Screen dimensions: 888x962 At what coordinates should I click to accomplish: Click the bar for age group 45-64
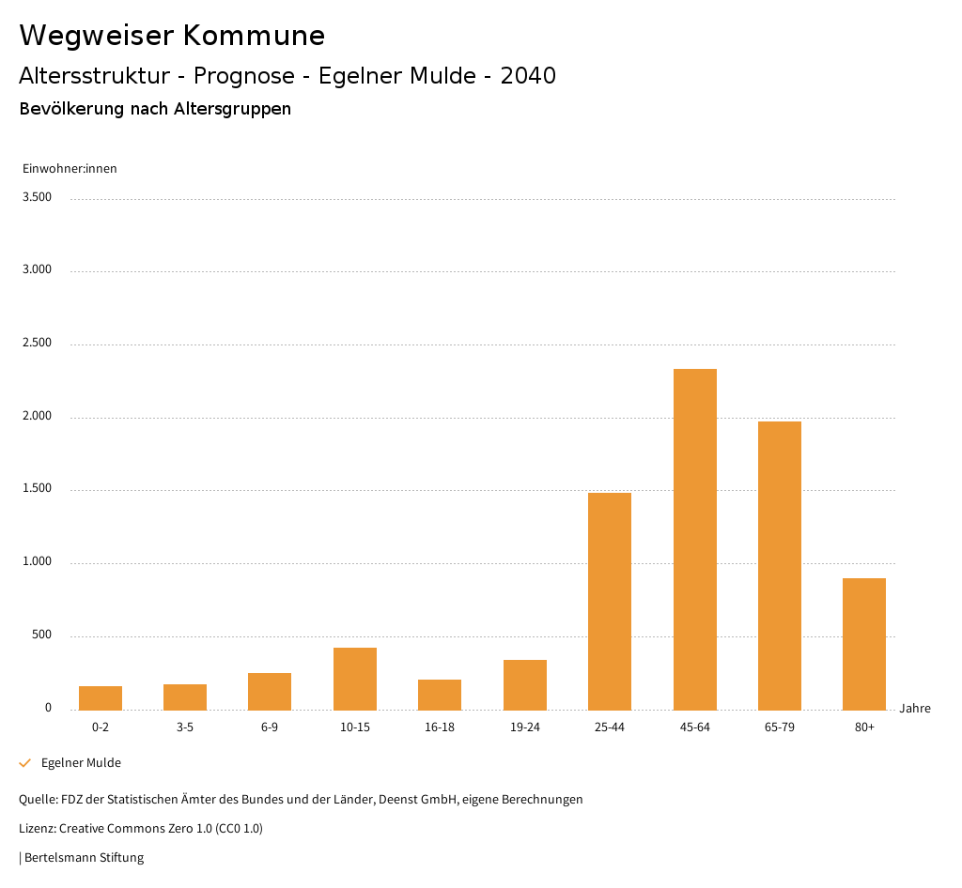[x=695, y=539]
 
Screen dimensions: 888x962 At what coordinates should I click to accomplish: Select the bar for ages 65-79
[x=780, y=565]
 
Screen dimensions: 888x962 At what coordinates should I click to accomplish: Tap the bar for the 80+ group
[x=864, y=644]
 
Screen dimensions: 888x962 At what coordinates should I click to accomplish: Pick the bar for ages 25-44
[x=610, y=601]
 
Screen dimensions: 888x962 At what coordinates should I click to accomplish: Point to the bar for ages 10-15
[x=355, y=679]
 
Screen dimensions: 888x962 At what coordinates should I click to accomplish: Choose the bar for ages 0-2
[x=101, y=697]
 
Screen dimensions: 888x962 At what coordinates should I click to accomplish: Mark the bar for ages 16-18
[x=440, y=695]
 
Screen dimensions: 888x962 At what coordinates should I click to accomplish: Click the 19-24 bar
[x=525, y=684]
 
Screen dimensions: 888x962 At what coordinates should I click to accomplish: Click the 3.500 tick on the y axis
[x=39, y=197]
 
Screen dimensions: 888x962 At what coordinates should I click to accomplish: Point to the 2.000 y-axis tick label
[x=39, y=416]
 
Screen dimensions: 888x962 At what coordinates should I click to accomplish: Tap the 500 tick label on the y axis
[x=41, y=635]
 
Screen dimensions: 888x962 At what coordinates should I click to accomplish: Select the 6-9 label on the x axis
[x=270, y=727]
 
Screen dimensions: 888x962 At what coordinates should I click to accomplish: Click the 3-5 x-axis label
[x=185, y=727]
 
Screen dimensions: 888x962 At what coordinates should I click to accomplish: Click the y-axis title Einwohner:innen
[x=70, y=169]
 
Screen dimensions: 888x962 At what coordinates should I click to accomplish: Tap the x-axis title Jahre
[x=915, y=709]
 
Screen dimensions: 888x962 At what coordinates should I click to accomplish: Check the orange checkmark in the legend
[x=25, y=763]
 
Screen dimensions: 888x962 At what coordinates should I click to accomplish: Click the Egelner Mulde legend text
[x=81, y=763]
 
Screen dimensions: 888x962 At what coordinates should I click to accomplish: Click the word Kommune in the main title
[x=254, y=36]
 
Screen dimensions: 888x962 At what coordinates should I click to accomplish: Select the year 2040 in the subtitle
[x=528, y=76]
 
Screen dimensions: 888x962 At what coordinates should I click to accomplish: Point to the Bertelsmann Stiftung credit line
[x=83, y=857]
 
